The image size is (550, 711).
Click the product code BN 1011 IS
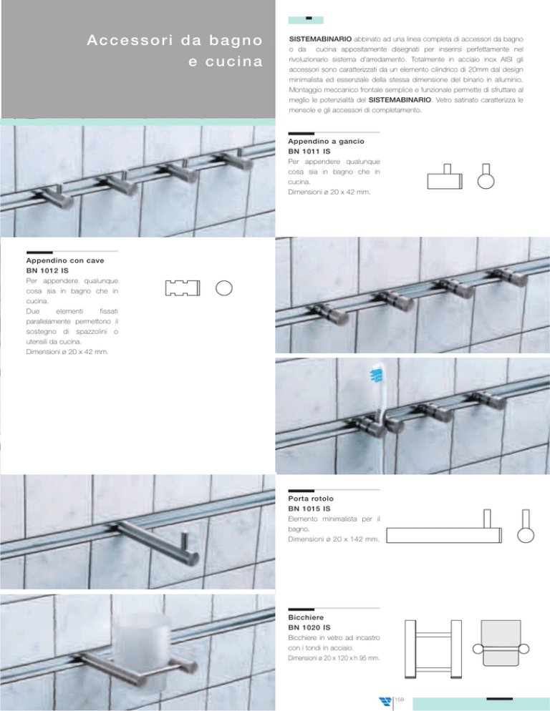click(x=309, y=152)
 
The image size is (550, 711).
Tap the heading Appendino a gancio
click(x=326, y=142)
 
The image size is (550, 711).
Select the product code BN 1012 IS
click(x=47, y=270)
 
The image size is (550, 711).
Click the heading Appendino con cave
click(x=65, y=261)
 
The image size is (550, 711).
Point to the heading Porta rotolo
click(x=311, y=499)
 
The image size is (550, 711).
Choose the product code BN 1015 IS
click(x=309, y=509)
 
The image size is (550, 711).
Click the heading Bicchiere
click(x=306, y=617)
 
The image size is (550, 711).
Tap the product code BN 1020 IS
click(x=309, y=627)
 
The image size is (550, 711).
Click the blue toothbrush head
click(x=377, y=376)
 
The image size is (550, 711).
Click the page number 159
click(x=399, y=700)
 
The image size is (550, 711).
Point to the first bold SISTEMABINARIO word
click(x=320, y=39)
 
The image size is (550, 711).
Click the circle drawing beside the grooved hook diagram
click(x=224, y=288)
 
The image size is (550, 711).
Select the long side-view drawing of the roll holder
click(x=444, y=527)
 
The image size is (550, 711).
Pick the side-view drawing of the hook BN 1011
click(x=445, y=177)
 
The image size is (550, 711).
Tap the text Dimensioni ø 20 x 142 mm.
click(x=333, y=539)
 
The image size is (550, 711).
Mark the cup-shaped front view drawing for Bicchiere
click(x=501, y=644)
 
